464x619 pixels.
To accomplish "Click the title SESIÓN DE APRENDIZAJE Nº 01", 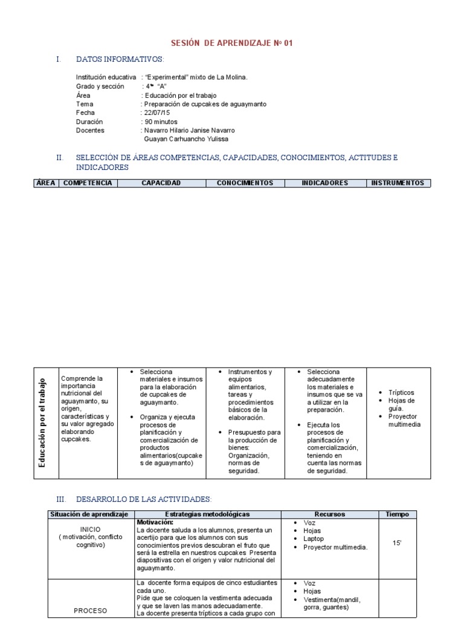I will (x=232, y=44).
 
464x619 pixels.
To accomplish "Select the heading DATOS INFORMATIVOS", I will (x=120, y=59).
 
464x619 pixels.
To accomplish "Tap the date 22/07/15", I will (x=156, y=112).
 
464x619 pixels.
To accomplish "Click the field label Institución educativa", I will (x=106, y=77).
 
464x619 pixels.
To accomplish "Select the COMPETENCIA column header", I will (x=88, y=183).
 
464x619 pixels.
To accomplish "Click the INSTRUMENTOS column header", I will (x=398, y=183).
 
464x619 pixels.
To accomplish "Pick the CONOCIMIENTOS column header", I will (x=245, y=183).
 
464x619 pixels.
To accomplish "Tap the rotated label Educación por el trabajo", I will (x=42, y=423).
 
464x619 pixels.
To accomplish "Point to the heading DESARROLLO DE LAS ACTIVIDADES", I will (x=144, y=499).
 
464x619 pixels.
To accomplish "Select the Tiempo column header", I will (x=397, y=514).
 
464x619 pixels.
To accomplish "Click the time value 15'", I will (x=397, y=543).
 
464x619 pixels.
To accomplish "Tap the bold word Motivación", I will (x=155, y=522).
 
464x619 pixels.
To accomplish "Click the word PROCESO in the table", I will (x=90, y=611).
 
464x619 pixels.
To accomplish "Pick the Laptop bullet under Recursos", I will (x=314, y=539).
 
